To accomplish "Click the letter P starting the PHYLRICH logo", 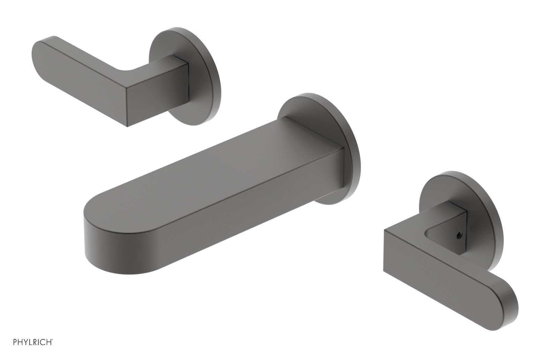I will pos(15,352).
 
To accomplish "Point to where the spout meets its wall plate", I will pos(344,167).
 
